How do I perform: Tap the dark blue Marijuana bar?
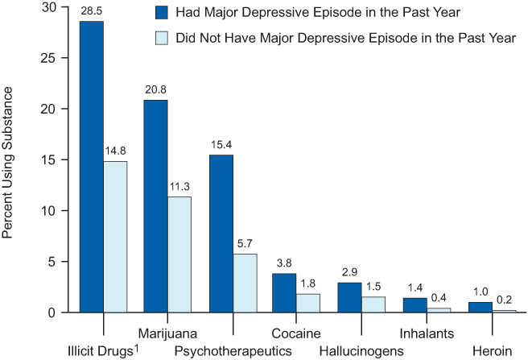tap(155, 206)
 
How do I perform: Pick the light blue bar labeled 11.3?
tap(179, 254)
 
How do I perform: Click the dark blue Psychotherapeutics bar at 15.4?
tap(221, 234)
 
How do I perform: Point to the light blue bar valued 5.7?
tap(245, 283)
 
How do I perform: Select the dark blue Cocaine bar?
tap(285, 292)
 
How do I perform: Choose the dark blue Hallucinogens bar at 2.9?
tap(349, 297)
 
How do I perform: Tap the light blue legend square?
tap(160, 38)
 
